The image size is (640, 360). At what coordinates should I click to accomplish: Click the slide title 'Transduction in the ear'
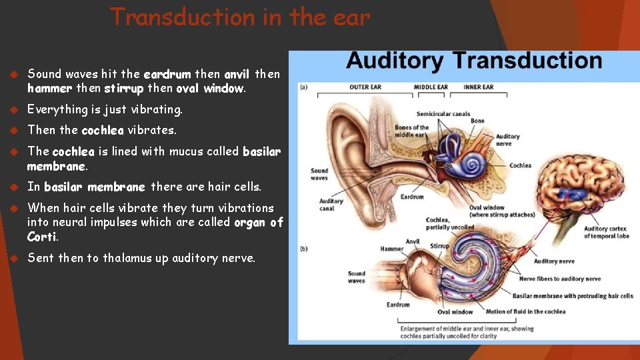(240, 17)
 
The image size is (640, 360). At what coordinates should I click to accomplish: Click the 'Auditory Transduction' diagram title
(474, 61)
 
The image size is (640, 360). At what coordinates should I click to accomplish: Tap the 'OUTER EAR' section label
(365, 87)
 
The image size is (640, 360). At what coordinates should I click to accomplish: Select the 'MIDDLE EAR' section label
(431, 87)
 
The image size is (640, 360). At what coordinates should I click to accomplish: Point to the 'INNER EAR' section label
(479, 87)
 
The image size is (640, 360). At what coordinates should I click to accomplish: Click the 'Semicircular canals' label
(443, 114)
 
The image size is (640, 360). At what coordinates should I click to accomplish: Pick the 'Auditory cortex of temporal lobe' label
(605, 232)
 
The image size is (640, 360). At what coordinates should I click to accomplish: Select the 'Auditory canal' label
(331, 204)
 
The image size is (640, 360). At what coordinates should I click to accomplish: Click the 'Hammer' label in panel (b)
(392, 249)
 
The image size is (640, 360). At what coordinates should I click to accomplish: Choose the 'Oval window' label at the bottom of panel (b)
(455, 311)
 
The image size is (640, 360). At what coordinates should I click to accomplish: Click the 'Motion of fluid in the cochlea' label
(525, 311)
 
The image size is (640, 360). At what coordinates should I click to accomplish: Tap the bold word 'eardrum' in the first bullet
(167, 74)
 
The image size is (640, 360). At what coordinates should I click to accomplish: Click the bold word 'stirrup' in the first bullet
(124, 88)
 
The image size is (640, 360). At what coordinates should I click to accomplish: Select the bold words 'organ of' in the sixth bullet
(259, 222)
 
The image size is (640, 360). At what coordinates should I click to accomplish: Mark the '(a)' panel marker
(303, 87)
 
